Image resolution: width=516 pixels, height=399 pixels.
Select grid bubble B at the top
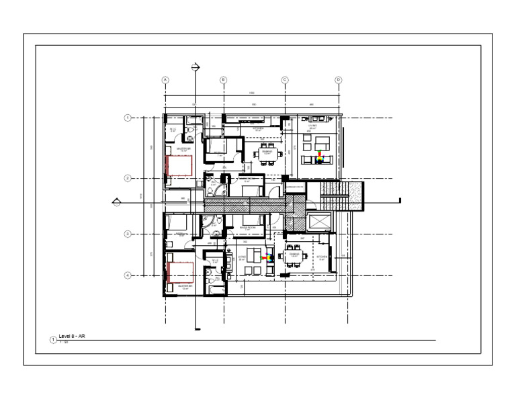click(x=224, y=80)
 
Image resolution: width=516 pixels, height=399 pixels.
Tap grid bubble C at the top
click(x=285, y=80)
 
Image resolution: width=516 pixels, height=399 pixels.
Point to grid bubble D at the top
click(x=339, y=80)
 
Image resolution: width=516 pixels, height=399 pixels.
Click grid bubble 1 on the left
click(x=127, y=118)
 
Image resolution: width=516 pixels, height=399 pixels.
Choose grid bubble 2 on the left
click(x=127, y=178)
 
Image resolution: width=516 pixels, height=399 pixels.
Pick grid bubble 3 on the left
click(x=127, y=234)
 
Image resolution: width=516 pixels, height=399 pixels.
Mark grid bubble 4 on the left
click(x=127, y=275)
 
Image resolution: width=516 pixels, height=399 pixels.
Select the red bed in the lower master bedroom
click(x=180, y=273)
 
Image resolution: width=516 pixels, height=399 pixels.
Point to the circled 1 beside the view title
click(x=54, y=340)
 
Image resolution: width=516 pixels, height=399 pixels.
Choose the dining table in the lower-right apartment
click(x=294, y=255)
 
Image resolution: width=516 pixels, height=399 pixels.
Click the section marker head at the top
click(x=196, y=66)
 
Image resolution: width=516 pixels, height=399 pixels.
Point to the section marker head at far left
click(x=116, y=201)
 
